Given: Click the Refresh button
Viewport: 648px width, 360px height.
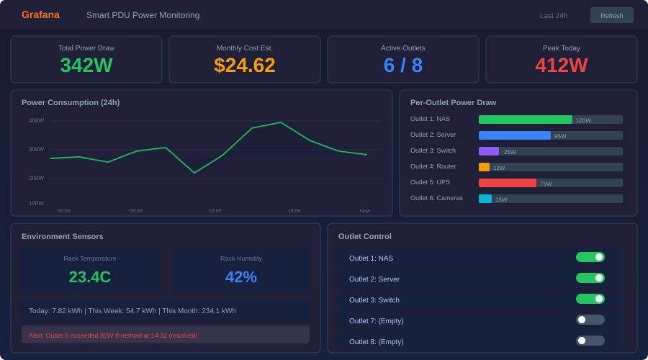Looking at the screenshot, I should pyautogui.click(x=611, y=15).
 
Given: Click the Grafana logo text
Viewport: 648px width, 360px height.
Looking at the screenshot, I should pyautogui.click(x=40, y=14).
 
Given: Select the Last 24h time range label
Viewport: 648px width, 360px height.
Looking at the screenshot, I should pyautogui.click(x=554, y=15).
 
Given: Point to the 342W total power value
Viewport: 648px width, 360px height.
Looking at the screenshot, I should pyautogui.click(x=86, y=65).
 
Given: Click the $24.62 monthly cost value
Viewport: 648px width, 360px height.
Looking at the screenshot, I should pyautogui.click(x=245, y=65).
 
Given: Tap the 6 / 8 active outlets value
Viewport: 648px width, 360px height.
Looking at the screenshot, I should pyautogui.click(x=403, y=65).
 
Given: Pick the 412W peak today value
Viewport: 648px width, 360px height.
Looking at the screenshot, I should pyautogui.click(x=562, y=65).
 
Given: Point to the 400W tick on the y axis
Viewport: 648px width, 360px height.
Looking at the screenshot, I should pyautogui.click(x=36, y=120).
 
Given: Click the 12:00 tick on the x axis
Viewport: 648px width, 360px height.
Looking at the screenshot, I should pyautogui.click(x=215, y=210).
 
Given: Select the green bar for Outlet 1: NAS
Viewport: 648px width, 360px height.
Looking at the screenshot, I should pyautogui.click(x=525, y=120).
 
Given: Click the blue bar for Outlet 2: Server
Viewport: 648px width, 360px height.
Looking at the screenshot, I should pyautogui.click(x=514, y=135).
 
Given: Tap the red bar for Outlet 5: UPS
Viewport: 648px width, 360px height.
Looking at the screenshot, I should pyautogui.click(x=507, y=183).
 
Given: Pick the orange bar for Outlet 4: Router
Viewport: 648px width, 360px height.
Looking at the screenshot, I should pyautogui.click(x=484, y=167).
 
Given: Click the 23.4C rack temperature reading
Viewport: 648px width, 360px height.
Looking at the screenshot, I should pyautogui.click(x=90, y=276).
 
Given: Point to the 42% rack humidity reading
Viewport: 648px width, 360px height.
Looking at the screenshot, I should pyautogui.click(x=241, y=276).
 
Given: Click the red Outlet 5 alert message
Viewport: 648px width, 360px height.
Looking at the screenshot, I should pyautogui.click(x=113, y=335).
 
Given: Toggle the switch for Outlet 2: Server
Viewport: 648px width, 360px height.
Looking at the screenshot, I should pyautogui.click(x=590, y=278).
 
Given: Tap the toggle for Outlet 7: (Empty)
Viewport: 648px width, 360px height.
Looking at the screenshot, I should pyautogui.click(x=590, y=320).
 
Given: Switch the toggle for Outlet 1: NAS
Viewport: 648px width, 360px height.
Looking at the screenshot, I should pyautogui.click(x=590, y=257).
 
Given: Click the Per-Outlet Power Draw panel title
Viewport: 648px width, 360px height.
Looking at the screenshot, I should pyautogui.click(x=453, y=102).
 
